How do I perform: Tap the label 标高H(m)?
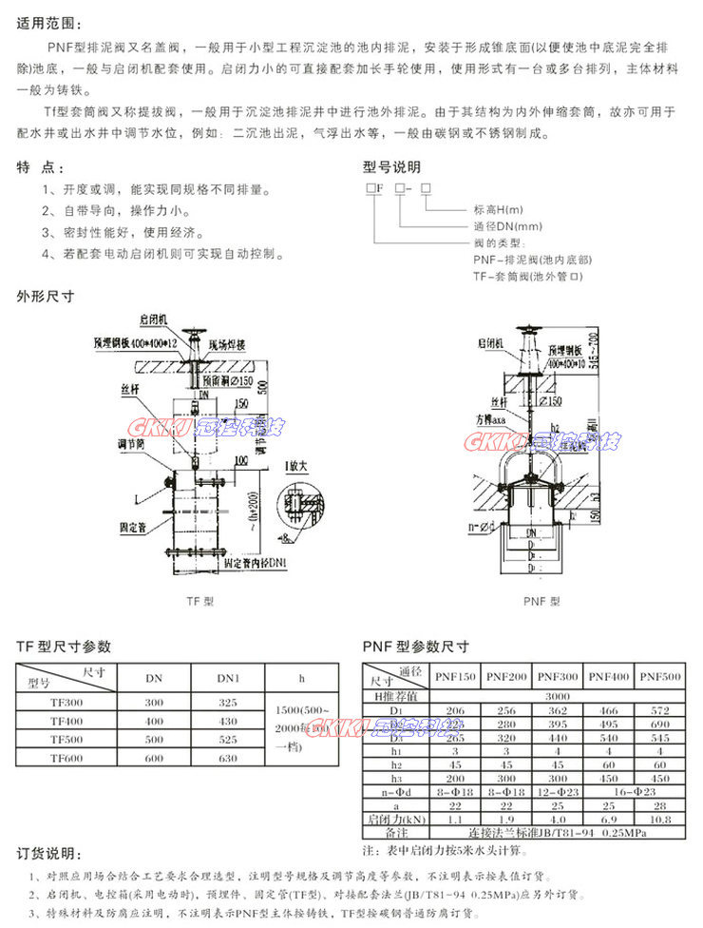point(499,210)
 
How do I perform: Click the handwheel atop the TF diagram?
point(196,333)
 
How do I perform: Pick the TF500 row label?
point(66,738)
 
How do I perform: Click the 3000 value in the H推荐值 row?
point(558,695)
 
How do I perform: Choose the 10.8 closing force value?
point(660,819)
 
